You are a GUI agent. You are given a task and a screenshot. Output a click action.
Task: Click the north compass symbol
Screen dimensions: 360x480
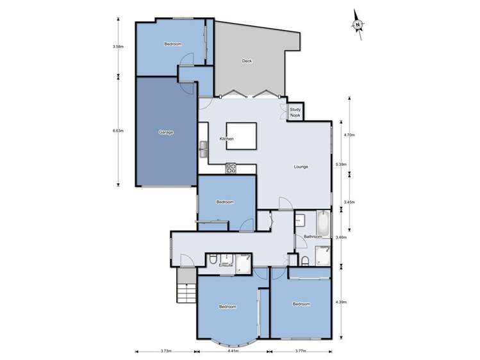point(357,24)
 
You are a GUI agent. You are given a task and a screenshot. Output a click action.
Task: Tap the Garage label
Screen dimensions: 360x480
point(166,132)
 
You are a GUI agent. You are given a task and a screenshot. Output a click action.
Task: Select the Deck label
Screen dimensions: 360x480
point(247,61)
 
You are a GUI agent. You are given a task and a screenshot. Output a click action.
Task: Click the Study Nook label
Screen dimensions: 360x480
point(295,112)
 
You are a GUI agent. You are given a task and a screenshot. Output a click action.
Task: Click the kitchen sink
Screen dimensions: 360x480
point(204,149)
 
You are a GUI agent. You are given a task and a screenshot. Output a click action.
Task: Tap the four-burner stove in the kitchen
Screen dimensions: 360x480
point(231,168)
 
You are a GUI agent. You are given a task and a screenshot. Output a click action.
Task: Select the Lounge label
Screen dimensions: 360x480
point(301,167)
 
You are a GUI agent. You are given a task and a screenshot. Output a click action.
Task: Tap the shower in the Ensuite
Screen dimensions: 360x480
point(244,263)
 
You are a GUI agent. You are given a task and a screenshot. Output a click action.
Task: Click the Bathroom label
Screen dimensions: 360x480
point(313,237)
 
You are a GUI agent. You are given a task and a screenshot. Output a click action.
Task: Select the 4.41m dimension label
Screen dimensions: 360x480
point(233,351)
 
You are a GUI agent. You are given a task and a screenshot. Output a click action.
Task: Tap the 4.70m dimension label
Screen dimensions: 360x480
point(349,135)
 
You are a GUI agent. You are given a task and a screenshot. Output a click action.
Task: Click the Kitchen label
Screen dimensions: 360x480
point(226,139)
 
